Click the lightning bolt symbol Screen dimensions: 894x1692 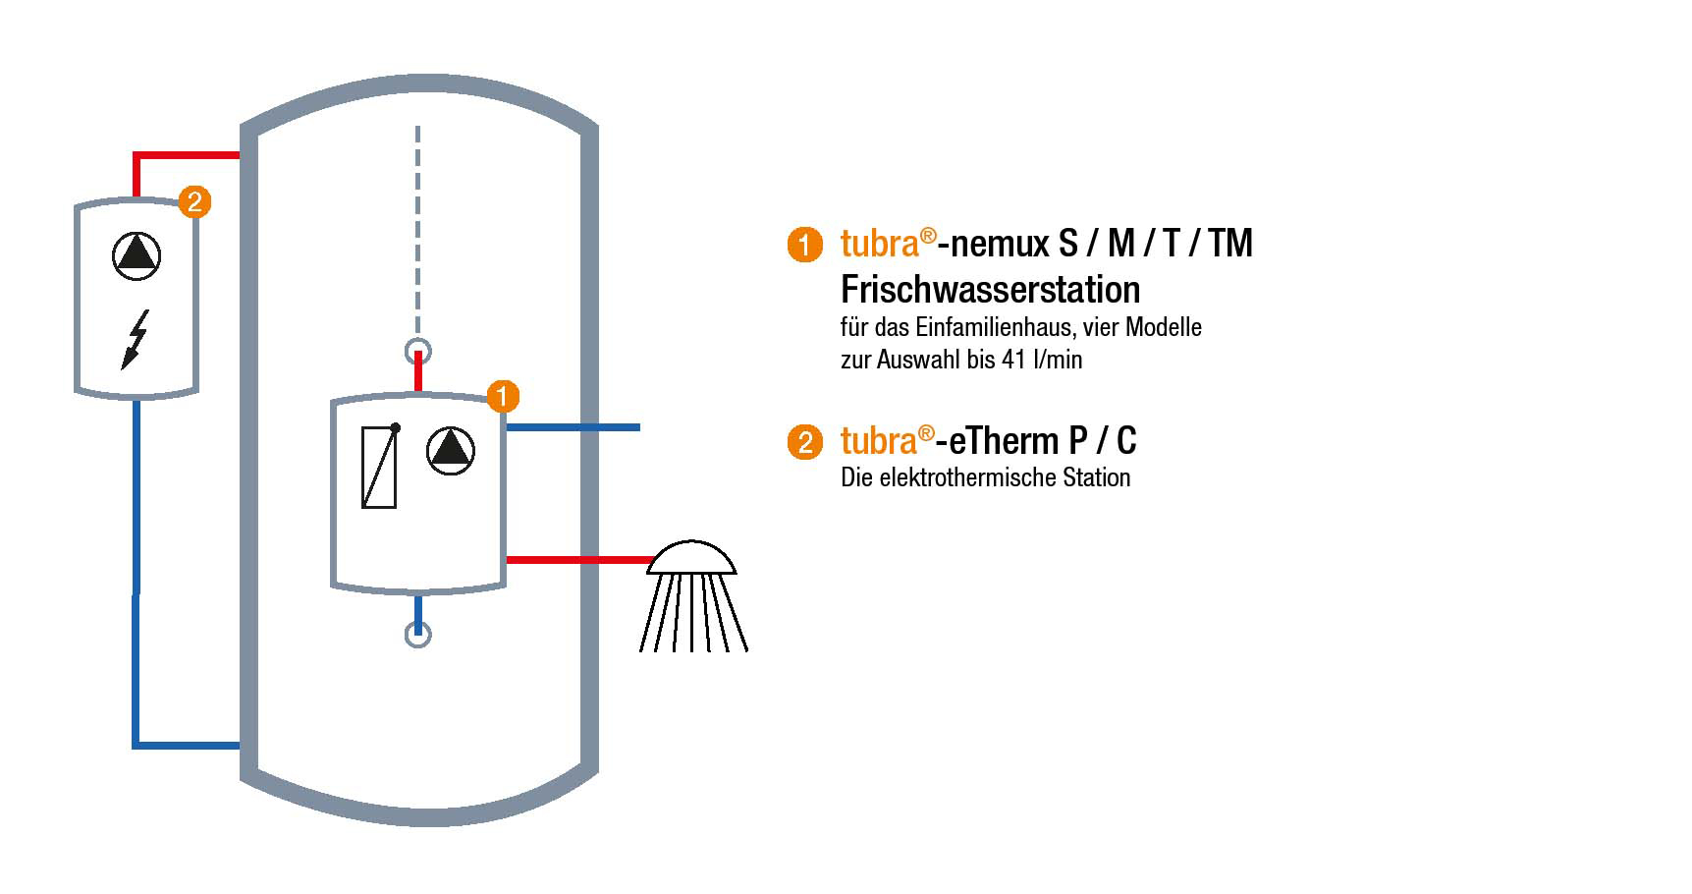click(x=136, y=340)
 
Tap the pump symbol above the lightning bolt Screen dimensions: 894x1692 click(x=136, y=255)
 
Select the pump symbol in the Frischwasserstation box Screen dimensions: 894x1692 click(x=451, y=451)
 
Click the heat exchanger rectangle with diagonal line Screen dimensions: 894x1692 click(x=379, y=467)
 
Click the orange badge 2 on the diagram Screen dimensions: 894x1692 click(x=194, y=202)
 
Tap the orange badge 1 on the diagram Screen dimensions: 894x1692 click(x=503, y=397)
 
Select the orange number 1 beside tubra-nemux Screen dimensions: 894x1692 click(x=804, y=245)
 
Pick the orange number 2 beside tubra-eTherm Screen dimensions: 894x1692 click(x=804, y=442)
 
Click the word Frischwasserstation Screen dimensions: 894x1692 click(x=990, y=290)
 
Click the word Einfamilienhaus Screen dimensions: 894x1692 click(x=996, y=327)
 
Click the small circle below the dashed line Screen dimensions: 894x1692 click(x=418, y=351)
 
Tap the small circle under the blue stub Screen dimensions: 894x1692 click(x=418, y=635)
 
